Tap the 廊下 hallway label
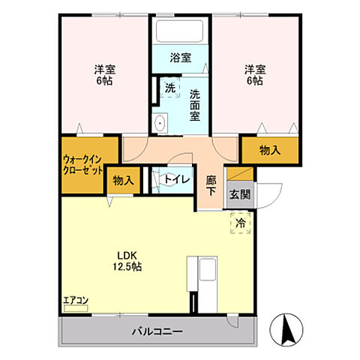coord(211,186)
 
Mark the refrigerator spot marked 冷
coord(241,222)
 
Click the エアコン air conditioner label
coord(75,301)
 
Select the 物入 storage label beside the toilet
coord(124,180)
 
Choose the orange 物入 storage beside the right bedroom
coord(269,150)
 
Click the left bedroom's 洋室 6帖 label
coord(104,76)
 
